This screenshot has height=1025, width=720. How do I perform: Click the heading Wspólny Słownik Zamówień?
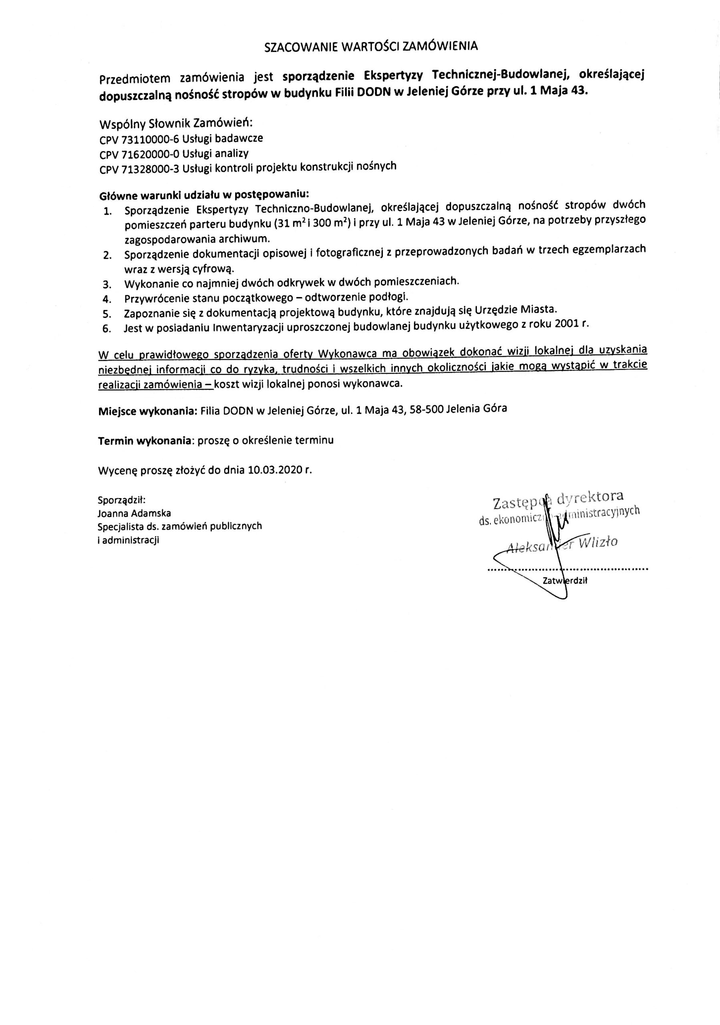click(x=176, y=123)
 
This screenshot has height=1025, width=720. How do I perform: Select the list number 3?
click(x=107, y=284)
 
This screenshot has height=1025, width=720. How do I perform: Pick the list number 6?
click(x=106, y=329)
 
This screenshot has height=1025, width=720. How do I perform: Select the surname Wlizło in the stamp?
click(x=598, y=543)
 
